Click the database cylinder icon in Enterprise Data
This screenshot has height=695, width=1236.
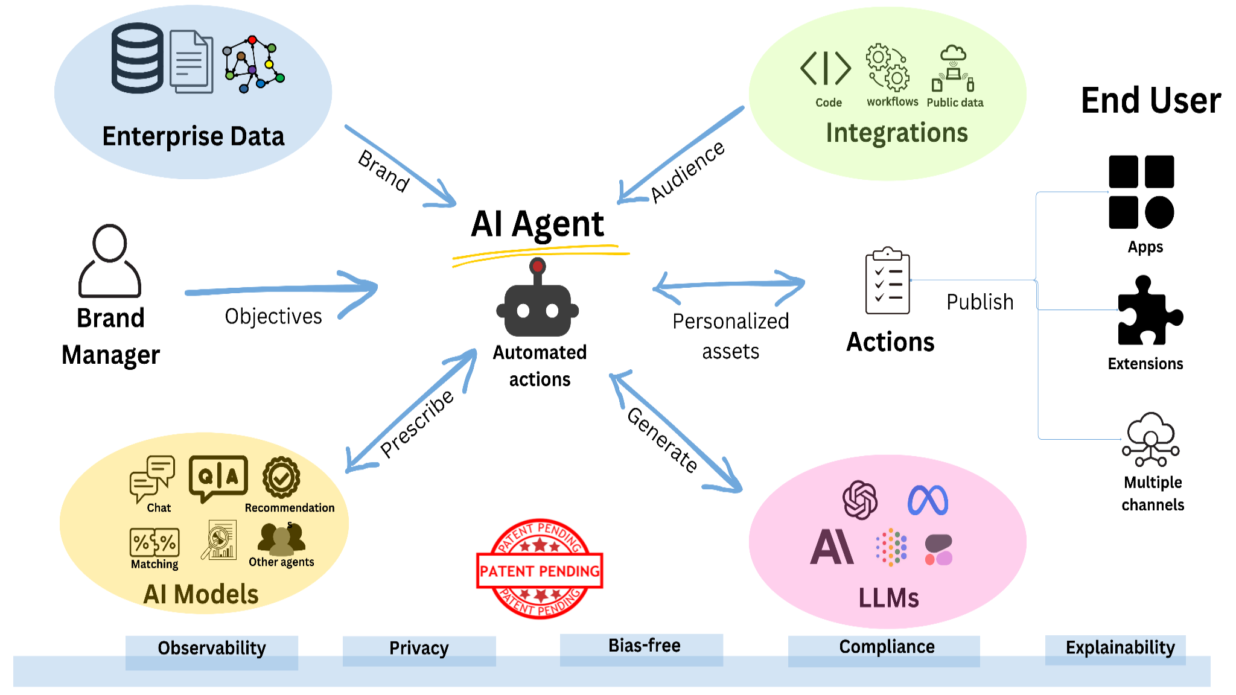[x=138, y=58]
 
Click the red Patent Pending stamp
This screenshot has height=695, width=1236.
[x=540, y=570]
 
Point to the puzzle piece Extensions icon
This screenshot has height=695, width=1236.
[x=1148, y=312]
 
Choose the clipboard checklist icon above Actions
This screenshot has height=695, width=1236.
[x=887, y=281]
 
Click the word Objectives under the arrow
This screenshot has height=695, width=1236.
[x=273, y=316]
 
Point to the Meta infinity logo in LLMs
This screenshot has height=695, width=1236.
[x=928, y=500]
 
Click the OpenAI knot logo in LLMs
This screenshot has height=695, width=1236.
[x=860, y=500]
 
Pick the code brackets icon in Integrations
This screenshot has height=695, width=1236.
[x=826, y=68]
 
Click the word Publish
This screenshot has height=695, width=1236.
[x=980, y=302]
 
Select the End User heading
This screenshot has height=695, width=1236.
[x=1150, y=101]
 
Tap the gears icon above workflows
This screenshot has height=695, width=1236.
[x=887, y=67]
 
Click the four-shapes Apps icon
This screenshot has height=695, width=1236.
[x=1141, y=192]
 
